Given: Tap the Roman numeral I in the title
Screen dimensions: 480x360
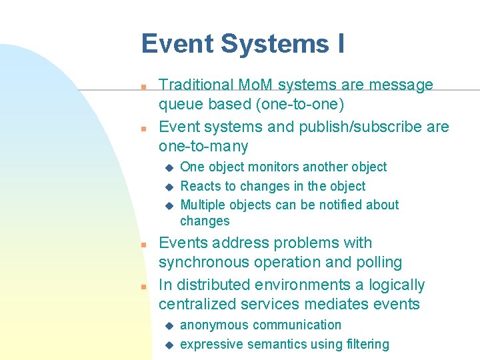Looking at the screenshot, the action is pyautogui.click(x=340, y=45).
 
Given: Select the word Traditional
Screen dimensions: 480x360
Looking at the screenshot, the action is pyautogui.click(x=196, y=85).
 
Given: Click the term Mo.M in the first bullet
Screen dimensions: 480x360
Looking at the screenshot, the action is pyautogui.click(x=254, y=85).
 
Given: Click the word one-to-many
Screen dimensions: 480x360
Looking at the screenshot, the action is pyautogui.click(x=203, y=147).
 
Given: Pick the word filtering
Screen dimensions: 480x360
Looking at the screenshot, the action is pyautogui.click(x=365, y=345).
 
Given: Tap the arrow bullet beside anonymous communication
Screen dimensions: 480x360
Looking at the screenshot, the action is pyautogui.click(x=169, y=326).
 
